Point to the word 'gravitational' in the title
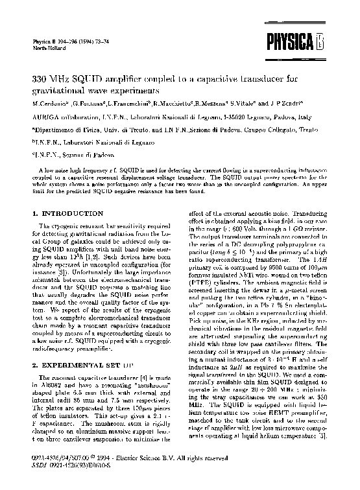pos(62,90)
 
